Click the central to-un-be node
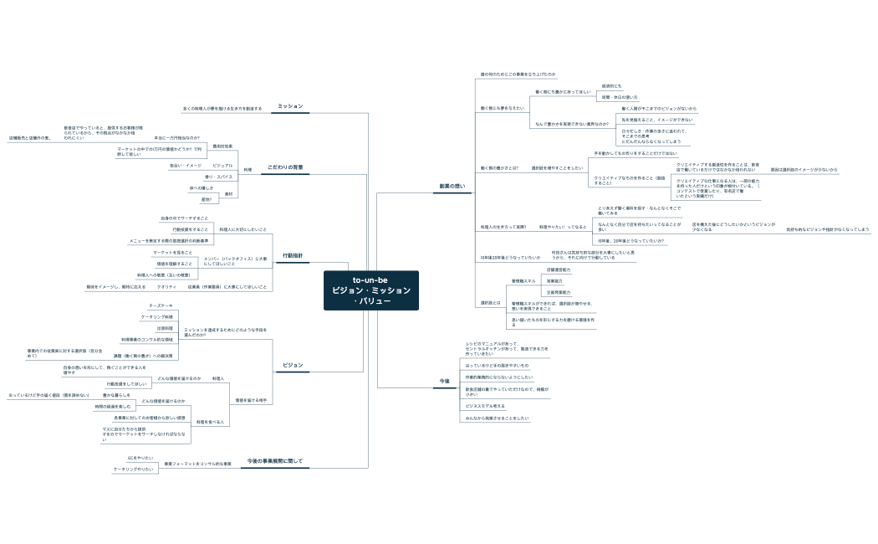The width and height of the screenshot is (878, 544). (x=370, y=290)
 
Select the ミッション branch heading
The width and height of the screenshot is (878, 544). (x=290, y=106)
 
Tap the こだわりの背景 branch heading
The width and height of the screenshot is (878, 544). (x=285, y=167)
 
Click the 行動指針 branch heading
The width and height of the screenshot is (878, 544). (x=293, y=255)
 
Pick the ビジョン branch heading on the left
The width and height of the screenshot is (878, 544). (x=293, y=365)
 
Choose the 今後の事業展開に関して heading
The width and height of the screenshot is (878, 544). (x=274, y=461)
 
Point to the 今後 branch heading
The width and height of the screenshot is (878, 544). (x=445, y=381)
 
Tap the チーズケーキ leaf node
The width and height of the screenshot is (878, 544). (x=161, y=305)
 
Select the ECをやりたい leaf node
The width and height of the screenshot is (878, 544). (x=140, y=458)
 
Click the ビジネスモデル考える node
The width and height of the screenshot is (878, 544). (x=485, y=406)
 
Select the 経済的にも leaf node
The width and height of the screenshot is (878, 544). (x=611, y=85)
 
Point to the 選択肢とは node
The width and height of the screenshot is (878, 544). (x=490, y=301)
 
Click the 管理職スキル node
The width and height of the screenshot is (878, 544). (x=523, y=281)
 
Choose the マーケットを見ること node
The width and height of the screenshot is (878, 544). (x=172, y=252)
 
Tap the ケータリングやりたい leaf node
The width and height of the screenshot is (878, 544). (x=134, y=470)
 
